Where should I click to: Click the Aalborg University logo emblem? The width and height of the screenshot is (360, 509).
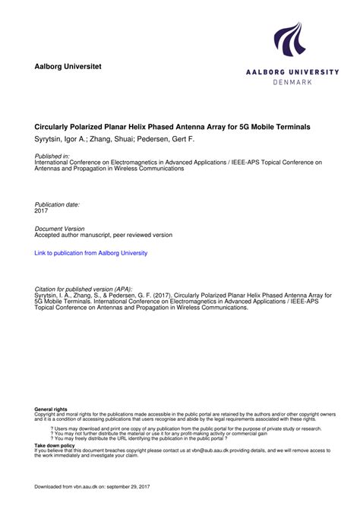(x=289, y=40)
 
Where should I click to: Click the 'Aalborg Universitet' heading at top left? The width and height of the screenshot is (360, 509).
(x=68, y=68)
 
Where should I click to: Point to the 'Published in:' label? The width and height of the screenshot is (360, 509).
(x=52, y=156)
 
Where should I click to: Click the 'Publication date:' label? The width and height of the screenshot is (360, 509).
(x=58, y=204)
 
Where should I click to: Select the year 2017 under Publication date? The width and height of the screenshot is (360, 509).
(x=42, y=210)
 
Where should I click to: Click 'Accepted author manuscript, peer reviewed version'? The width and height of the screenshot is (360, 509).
(x=104, y=236)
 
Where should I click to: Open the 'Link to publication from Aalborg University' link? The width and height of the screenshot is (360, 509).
(x=91, y=253)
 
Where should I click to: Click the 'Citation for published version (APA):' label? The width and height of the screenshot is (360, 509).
(x=84, y=289)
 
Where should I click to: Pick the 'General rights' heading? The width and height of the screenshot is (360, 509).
(x=51, y=409)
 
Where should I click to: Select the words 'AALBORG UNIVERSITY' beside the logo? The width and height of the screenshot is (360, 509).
(x=292, y=71)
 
